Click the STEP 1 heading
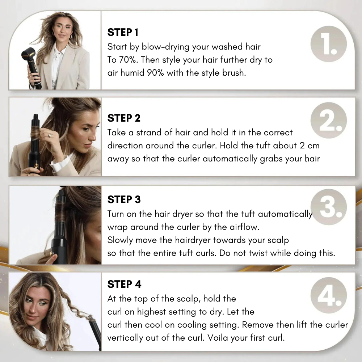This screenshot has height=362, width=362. pos(123,33)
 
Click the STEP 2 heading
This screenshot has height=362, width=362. pos(124,118)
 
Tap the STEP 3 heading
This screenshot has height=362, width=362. pos(124,199)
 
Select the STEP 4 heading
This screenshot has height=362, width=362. pos(124,285)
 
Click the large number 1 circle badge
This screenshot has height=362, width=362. pos(328,44)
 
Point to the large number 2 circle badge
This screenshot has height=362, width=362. pos(328,121)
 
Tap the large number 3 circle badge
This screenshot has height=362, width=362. pos(328,207)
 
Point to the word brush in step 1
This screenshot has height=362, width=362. pos(234,73)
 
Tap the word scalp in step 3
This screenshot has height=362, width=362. pos(279,240)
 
